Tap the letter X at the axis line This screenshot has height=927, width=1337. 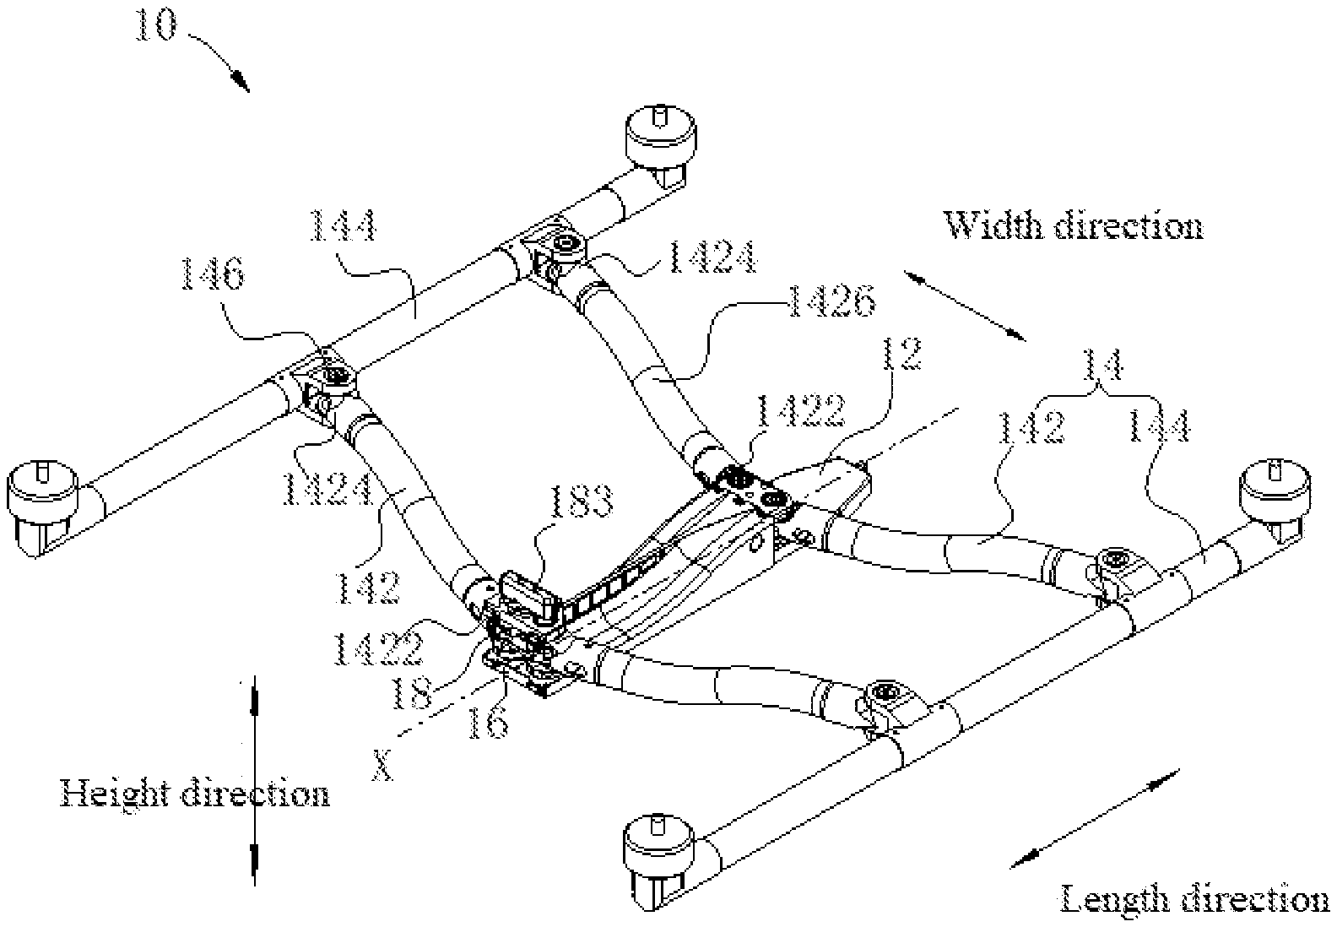pos(383,766)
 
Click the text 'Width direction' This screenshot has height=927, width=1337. pos(1072,226)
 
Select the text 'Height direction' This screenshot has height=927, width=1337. pos(194,794)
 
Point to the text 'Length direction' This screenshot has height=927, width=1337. pos(1194,899)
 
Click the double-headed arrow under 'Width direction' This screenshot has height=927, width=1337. pos(964,305)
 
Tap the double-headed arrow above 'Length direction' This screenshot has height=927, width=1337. pos(1096,818)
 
